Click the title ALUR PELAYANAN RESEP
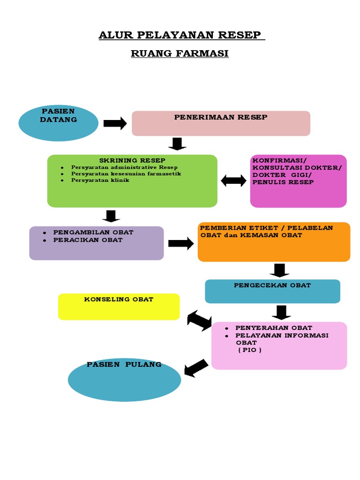click(181, 35)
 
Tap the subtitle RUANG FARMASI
click(180, 53)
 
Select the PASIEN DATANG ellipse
click(58, 123)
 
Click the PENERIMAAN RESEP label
click(221, 117)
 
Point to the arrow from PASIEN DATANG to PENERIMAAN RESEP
click(115, 123)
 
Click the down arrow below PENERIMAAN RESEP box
click(177, 144)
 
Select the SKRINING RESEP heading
click(132, 160)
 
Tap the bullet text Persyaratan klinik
click(94, 180)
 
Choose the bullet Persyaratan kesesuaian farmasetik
click(126, 173)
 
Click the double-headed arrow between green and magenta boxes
click(233, 180)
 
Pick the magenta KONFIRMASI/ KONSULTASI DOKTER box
click(298, 181)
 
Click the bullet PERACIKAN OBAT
click(88, 240)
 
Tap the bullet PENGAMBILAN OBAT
click(93, 232)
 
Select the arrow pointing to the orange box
click(180, 243)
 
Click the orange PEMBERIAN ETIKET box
click(274, 242)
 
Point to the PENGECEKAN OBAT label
click(272, 285)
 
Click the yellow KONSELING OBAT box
click(119, 307)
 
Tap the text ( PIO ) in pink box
click(249, 350)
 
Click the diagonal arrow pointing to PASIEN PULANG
click(196, 367)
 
